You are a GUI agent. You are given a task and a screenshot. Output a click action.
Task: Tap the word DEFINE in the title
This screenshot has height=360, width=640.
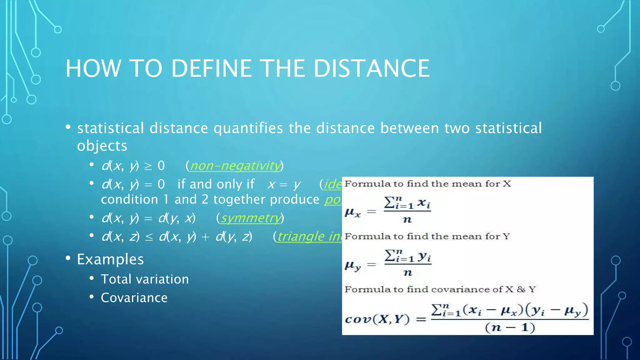pyautogui.click(x=211, y=68)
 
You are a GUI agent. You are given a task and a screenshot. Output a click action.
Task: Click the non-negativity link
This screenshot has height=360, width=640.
pyautogui.click(x=235, y=166)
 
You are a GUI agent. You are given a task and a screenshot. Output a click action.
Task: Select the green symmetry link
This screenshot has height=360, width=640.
pyautogui.click(x=251, y=218)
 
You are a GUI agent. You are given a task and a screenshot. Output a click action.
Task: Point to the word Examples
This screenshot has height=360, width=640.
pyautogui.click(x=110, y=259)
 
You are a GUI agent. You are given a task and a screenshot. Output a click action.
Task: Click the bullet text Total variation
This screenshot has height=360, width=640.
pyautogui.click(x=145, y=279)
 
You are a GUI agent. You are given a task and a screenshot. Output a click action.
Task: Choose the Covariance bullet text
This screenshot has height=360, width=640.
pyautogui.click(x=134, y=298)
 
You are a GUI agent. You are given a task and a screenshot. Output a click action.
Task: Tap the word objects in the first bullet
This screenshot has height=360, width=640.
pyautogui.click(x=102, y=146)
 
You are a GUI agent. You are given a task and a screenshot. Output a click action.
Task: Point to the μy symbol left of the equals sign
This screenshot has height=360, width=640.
pyautogui.click(x=352, y=266)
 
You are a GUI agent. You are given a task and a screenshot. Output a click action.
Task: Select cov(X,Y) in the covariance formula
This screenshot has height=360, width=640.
pyautogui.click(x=377, y=319)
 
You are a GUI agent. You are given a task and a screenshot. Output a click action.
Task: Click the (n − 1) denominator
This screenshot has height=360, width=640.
pyautogui.click(x=510, y=327)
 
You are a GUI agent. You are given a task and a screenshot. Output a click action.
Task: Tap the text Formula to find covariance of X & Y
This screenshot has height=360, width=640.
pyautogui.click(x=440, y=289)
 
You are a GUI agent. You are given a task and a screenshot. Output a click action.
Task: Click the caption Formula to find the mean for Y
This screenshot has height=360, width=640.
pyautogui.click(x=427, y=237)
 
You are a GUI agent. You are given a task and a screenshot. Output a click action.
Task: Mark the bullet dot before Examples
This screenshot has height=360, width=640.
pyautogui.click(x=68, y=258)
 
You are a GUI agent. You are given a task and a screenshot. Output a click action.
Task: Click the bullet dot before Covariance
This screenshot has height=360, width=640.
pyautogui.click(x=92, y=297)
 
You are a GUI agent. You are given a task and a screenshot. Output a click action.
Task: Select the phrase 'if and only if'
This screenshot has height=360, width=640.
pyautogui.click(x=216, y=184)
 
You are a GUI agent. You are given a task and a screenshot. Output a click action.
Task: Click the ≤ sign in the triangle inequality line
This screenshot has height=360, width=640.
pyautogui.click(x=149, y=237)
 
